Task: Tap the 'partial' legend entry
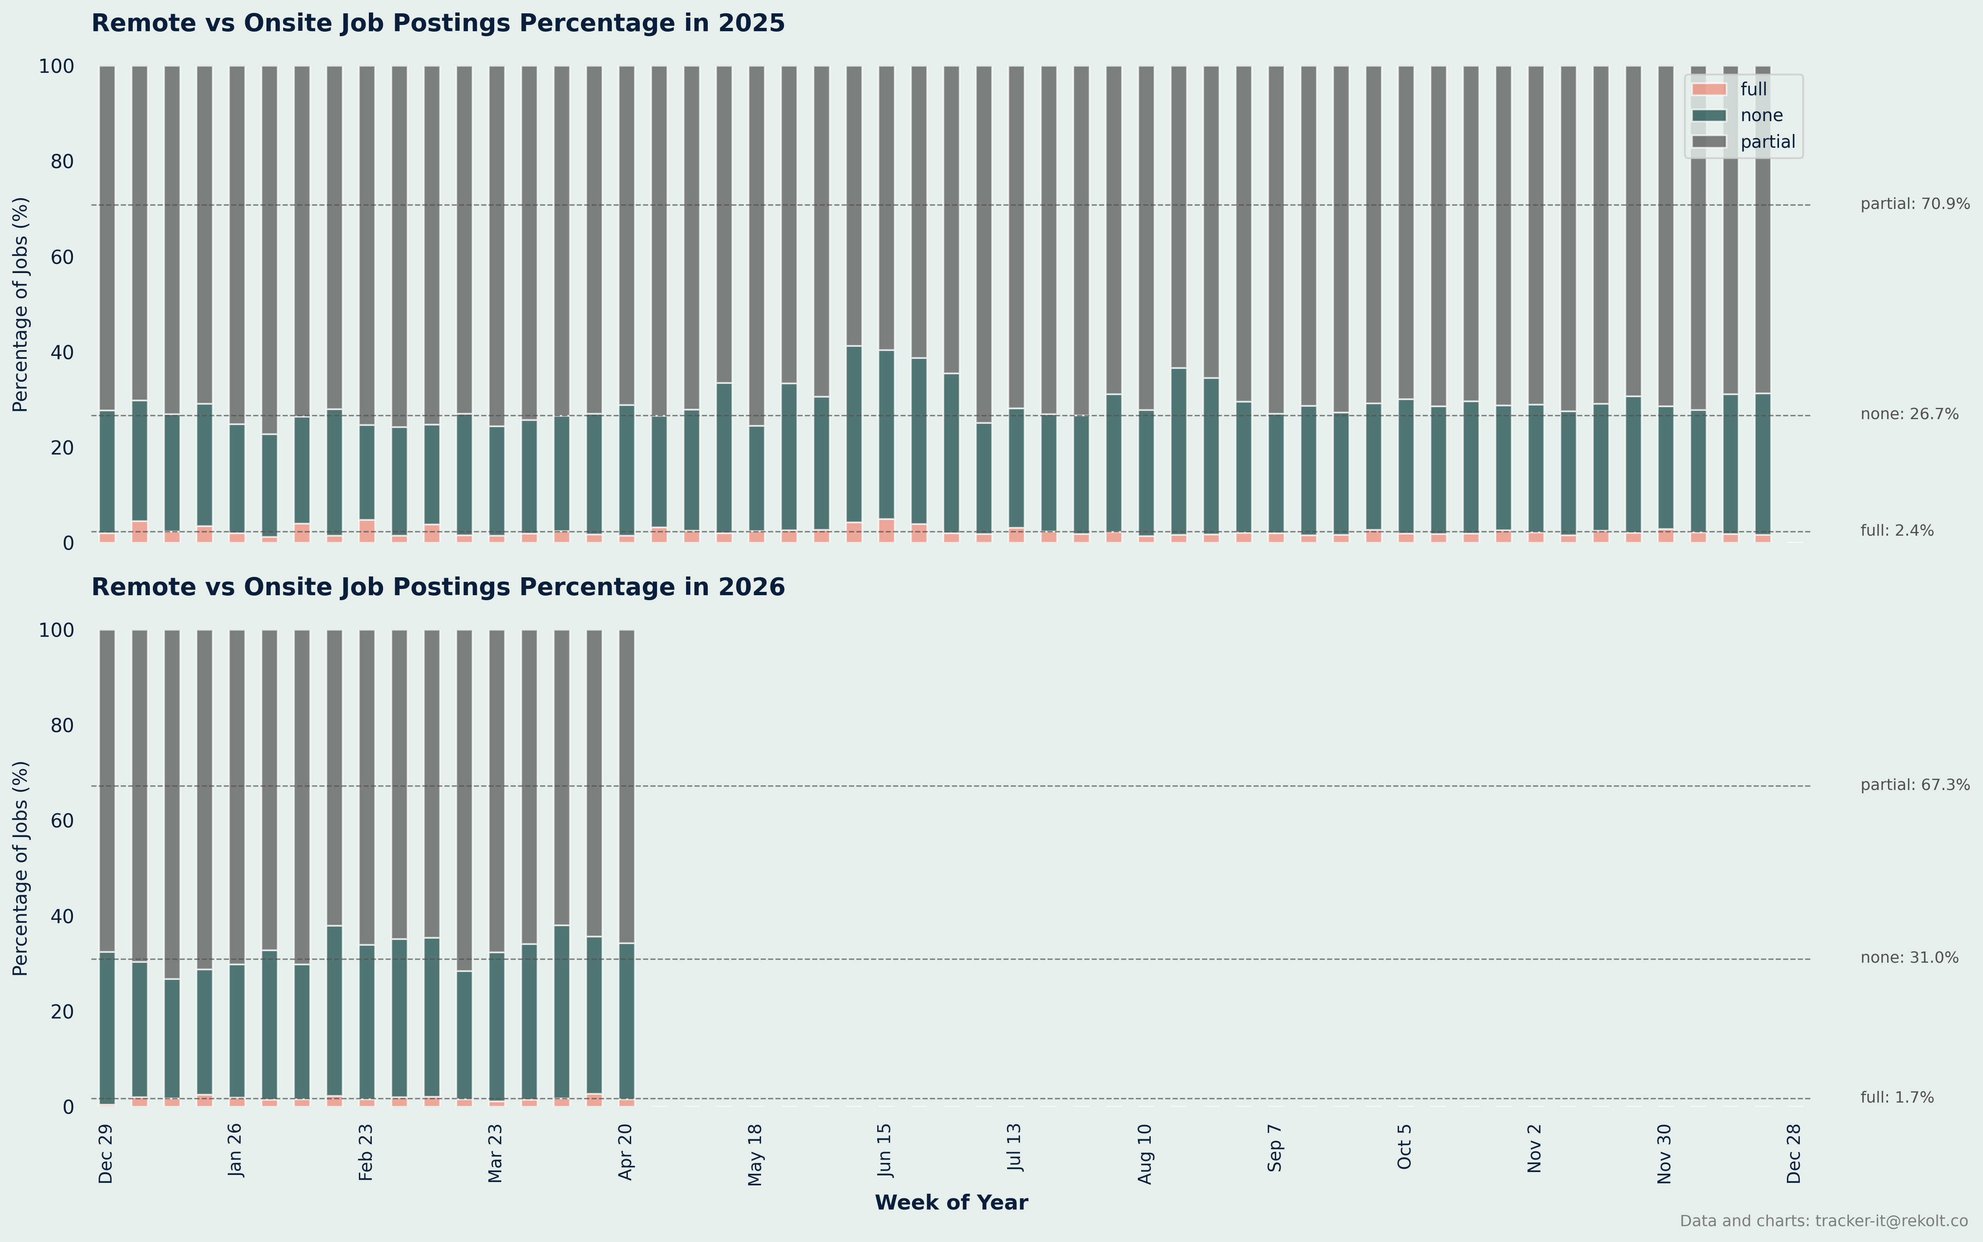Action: pos(1767,142)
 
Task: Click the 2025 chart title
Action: pos(438,23)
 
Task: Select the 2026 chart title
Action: pos(438,587)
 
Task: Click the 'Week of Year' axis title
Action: pos(950,1202)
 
